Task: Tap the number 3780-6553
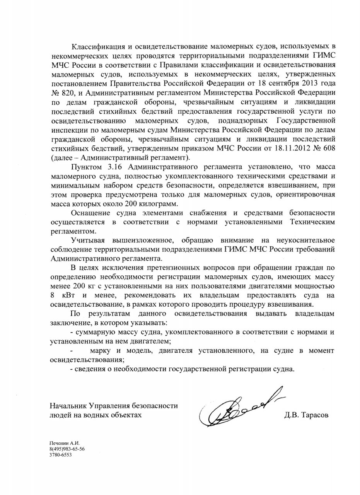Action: [61, 455]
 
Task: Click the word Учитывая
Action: [87, 240]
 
